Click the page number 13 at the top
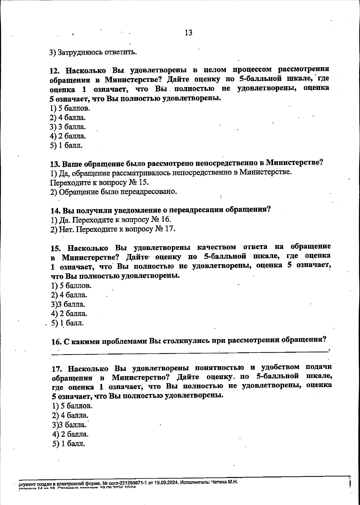pos(188,33)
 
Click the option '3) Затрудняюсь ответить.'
pos(93,52)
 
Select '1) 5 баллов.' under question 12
pos(70,108)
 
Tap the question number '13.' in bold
pos(55,164)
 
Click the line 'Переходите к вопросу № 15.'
pos(99,182)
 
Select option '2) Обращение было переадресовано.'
pos(113,192)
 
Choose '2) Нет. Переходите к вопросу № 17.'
pos(112,229)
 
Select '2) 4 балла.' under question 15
pos(69,295)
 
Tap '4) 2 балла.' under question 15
pos(69,314)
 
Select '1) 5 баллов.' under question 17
pos(72,406)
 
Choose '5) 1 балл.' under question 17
pos(69,444)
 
